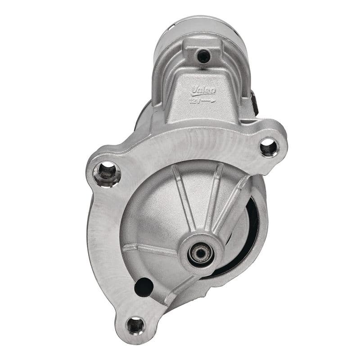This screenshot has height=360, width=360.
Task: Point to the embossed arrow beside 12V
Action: pyautogui.click(x=208, y=101)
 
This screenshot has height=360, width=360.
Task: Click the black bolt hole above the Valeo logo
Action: pyautogui.click(x=204, y=56)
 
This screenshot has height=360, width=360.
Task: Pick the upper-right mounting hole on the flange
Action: pyautogui.click(x=268, y=147)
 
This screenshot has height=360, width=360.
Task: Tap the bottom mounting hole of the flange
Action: pyautogui.click(x=135, y=324)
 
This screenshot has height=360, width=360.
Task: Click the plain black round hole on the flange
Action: pyautogui.click(x=144, y=287)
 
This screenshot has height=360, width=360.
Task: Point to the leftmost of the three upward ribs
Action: pyautogui.click(x=184, y=198)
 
